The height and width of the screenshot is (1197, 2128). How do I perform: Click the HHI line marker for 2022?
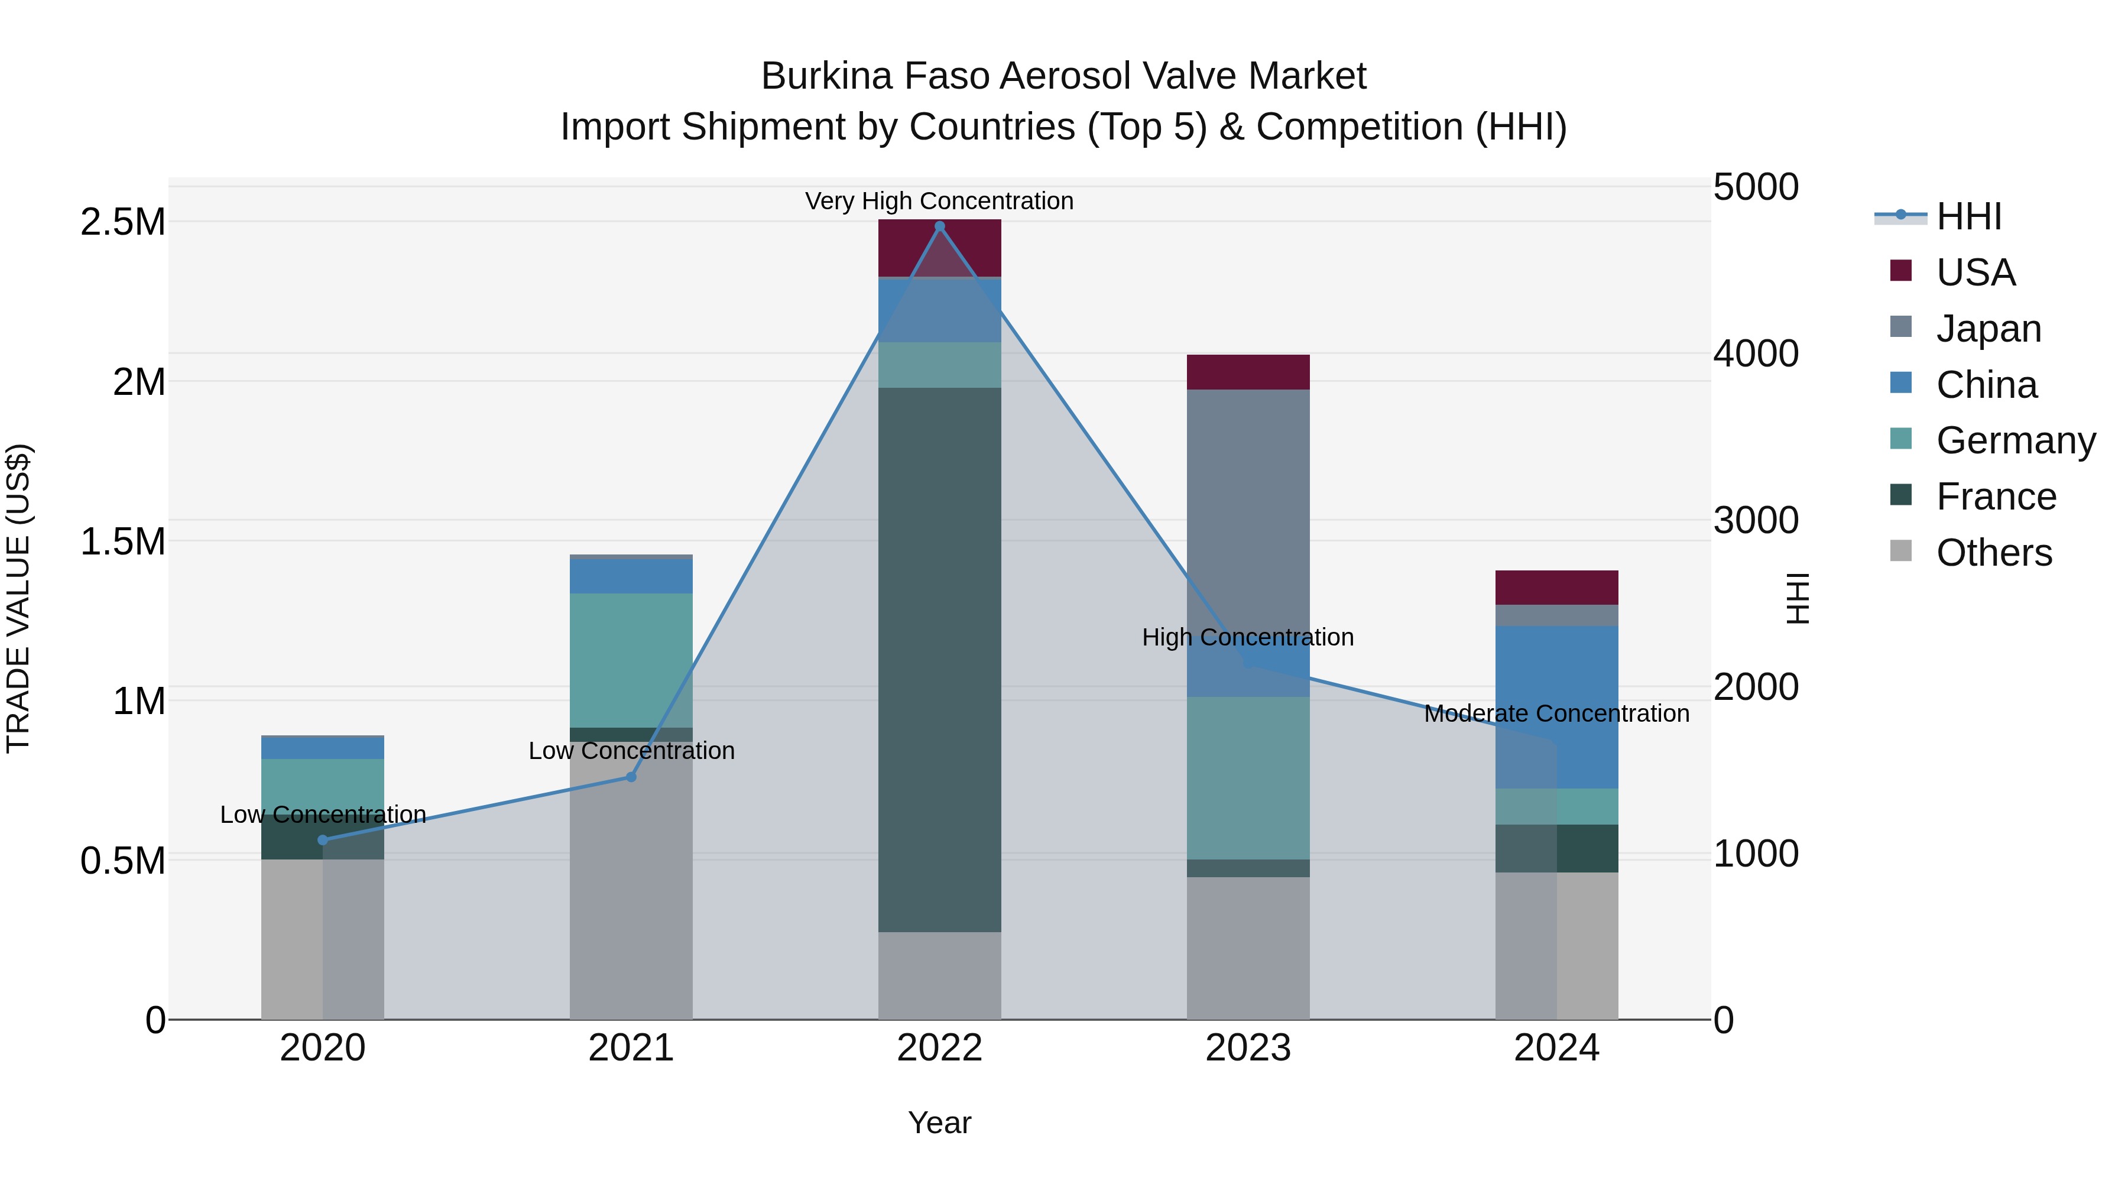coord(939,226)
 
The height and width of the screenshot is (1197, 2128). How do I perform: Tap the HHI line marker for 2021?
coord(631,777)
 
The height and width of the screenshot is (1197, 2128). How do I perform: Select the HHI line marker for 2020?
coord(323,840)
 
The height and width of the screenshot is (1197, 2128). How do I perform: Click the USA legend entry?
coord(1975,272)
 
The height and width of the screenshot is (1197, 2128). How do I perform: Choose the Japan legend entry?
coord(1987,328)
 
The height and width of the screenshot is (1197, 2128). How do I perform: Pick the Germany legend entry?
coord(2015,440)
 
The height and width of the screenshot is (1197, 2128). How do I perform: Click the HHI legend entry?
coord(1968,216)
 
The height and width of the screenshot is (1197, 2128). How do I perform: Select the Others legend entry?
coord(1993,553)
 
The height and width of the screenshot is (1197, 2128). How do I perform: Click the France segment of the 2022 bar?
coord(939,661)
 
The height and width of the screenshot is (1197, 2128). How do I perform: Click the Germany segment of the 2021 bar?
coord(631,660)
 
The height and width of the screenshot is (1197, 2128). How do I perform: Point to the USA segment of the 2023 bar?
coord(1248,372)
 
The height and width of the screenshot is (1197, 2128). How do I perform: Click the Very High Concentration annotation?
coord(939,201)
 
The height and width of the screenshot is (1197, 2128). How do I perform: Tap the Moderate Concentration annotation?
coord(1556,713)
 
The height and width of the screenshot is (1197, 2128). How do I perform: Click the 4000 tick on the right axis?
coord(1756,353)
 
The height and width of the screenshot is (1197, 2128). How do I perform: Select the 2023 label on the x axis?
coord(1248,1048)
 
